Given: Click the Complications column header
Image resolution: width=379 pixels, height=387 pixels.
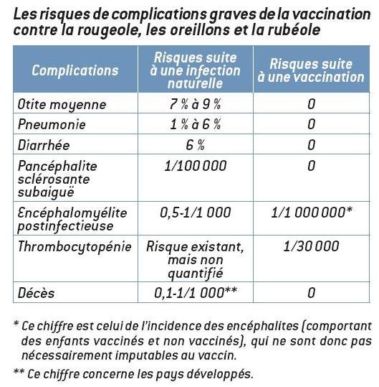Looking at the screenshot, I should pyautogui.click(x=75, y=70).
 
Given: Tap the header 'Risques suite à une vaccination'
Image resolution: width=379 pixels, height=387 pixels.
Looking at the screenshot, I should pyautogui.click(x=312, y=70).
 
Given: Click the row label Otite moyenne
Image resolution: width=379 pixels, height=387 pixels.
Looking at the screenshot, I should pyautogui.click(x=62, y=105).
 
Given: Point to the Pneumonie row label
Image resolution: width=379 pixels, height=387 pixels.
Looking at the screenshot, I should pyautogui.click(x=52, y=124).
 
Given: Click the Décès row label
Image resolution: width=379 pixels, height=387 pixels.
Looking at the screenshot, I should pyautogui.click(x=37, y=293).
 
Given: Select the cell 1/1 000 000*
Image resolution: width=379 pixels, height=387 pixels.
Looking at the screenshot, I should pyautogui.click(x=312, y=213).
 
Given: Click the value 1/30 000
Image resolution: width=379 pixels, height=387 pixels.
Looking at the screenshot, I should pyautogui.click(x=312, y=247).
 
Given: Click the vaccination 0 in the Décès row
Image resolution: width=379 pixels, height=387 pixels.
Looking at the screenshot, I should pyautogui.click(x=312, y=293).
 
